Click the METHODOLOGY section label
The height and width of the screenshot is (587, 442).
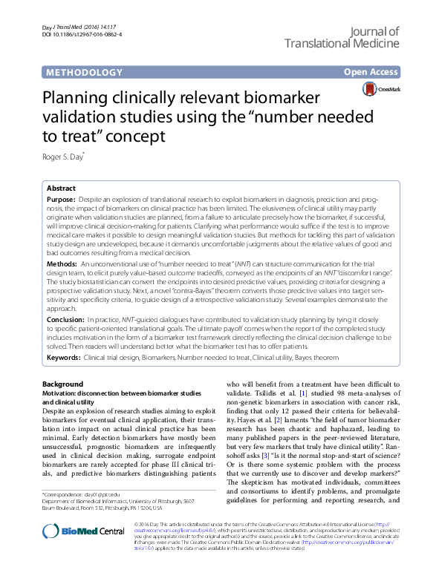click(84, 73)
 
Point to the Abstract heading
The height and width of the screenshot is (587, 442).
click(62, 188)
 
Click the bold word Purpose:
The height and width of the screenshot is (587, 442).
click(61, 200)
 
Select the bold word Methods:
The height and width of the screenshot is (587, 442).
click(62, 263)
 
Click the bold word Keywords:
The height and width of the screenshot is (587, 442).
click(64, 358)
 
